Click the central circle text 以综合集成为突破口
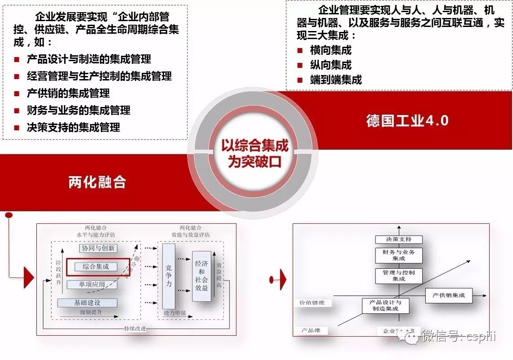(254, 153)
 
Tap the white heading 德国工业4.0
(407, 121)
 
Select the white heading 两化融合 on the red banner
(97, 182)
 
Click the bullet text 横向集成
(330, 50)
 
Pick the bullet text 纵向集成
(330, 65)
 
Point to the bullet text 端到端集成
(336, 80)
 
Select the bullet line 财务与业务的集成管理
(79, 111)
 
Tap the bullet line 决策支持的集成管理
(73, 128)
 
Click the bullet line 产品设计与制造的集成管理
(89, 59)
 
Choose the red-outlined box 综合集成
(98, 267)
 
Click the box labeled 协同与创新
(98, 248)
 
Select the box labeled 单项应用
(92, 284)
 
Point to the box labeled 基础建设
(87, 303)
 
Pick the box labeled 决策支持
(398, 240)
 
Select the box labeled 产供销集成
(448, 295)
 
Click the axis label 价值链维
(312, 303)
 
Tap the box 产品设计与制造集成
(385, 306)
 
